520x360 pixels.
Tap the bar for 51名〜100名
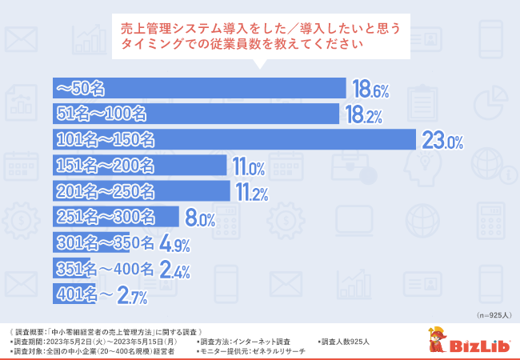point(196,114)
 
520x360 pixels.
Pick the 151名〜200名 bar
point(140,166)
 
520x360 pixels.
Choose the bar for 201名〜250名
point(141,191)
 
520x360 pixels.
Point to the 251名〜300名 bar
point(117,217)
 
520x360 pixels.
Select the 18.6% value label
point(371,89)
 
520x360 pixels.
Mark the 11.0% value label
point(248,167)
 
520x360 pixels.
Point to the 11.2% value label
point(250,193)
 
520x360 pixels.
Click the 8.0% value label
point(200,218)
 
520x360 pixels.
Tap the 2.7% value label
point(132,295)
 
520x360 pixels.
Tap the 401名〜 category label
point(76,294)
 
